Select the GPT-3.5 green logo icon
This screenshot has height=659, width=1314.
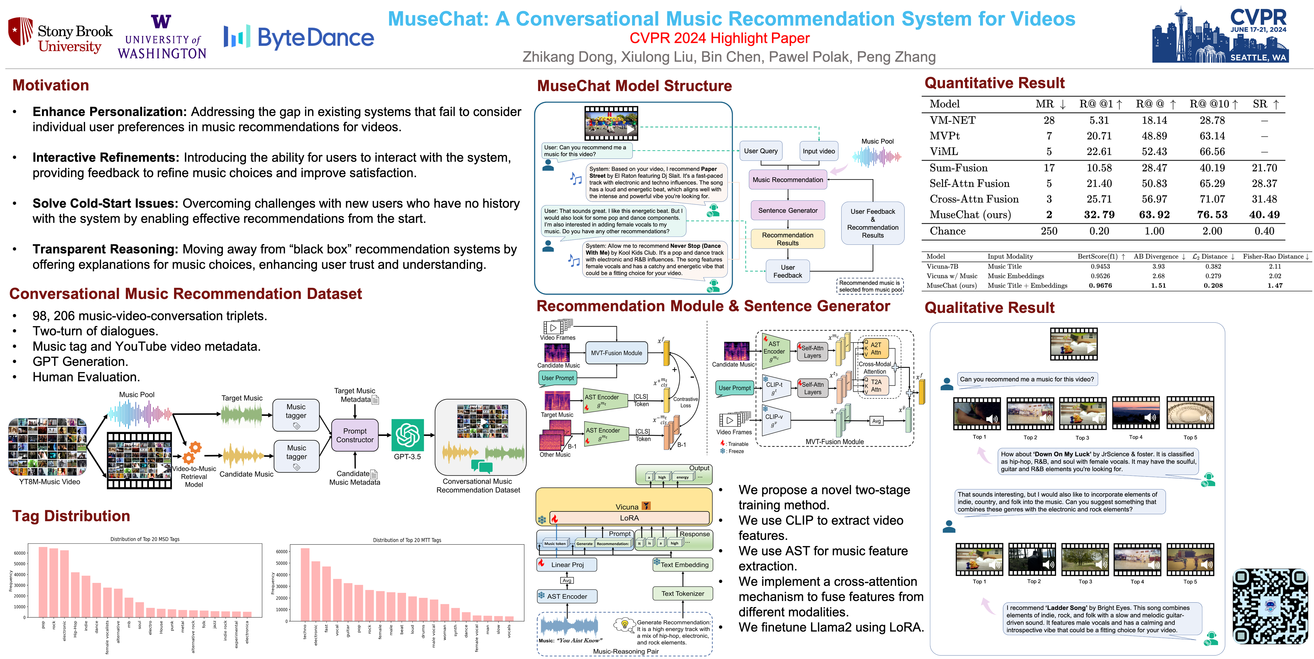(x=408, y=435)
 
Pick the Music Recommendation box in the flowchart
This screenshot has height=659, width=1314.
(x=788, y=180)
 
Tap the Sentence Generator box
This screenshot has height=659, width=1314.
(x=788, y=210)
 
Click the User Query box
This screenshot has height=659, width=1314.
(x=760, y=151)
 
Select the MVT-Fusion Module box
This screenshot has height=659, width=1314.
(x=616, y=353)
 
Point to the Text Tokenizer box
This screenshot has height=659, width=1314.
(x=682, y=594)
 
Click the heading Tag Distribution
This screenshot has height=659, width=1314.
(x=71, y=516)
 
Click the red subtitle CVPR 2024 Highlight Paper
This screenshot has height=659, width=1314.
(x=719, y=38)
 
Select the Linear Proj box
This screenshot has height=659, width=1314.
(x=567, y=564)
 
